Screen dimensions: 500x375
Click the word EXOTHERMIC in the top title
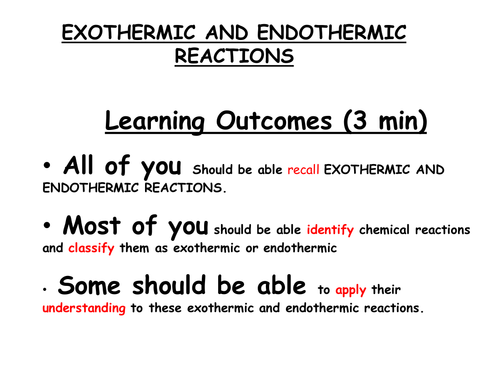128,33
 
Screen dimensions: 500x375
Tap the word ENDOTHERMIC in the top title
332,33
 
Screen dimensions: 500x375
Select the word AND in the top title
226,33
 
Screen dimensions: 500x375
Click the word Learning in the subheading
155,122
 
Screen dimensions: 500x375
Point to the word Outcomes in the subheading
274,121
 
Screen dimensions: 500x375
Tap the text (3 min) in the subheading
385,121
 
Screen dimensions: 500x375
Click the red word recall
303,170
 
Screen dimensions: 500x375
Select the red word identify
330,230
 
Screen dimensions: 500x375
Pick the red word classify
91,248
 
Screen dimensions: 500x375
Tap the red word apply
351,290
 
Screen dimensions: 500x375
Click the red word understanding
84,308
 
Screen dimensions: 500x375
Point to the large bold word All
78,165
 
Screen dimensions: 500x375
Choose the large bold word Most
92,226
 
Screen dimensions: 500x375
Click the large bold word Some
89,286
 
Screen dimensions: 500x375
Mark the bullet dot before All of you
47,165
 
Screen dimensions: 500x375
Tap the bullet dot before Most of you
47,225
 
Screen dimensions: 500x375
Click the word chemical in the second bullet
384,230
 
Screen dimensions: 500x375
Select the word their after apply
386,290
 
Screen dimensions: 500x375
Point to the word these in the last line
165,308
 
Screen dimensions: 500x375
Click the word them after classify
134,248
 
